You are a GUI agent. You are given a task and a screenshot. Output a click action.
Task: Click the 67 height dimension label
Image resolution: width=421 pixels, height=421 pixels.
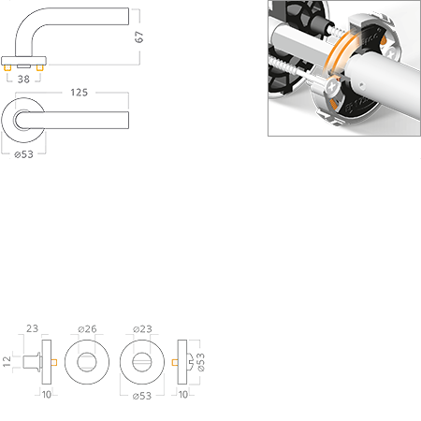139,36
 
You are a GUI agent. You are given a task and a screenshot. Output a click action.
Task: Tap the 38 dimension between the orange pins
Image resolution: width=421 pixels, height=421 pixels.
23,80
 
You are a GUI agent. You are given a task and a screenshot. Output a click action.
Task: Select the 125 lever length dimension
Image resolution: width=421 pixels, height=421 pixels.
80,93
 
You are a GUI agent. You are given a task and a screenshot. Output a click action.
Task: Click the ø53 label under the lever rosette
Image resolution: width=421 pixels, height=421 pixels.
23,154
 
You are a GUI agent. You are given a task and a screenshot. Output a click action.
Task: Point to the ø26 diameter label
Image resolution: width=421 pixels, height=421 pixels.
87,329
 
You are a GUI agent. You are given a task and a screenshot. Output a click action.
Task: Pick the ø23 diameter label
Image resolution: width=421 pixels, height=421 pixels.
142,329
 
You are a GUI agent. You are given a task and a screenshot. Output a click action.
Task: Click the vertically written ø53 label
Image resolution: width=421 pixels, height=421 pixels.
201,362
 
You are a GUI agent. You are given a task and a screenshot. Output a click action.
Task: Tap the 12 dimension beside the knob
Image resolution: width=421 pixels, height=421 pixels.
7,361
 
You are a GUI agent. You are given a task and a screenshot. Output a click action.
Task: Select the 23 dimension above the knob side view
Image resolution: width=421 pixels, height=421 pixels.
32,328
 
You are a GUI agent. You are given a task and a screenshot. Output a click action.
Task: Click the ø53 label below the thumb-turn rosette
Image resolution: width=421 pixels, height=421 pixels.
142,396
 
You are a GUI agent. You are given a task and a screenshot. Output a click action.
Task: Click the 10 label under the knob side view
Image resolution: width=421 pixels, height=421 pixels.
47,395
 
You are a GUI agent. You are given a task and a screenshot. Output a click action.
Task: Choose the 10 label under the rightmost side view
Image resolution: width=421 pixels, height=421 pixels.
183,395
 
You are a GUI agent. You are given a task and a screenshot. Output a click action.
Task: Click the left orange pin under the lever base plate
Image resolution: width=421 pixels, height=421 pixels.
7,67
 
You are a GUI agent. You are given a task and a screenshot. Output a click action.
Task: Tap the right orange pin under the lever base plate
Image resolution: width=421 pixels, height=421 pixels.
39,67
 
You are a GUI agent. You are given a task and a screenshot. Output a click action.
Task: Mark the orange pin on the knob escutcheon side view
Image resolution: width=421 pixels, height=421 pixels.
54,362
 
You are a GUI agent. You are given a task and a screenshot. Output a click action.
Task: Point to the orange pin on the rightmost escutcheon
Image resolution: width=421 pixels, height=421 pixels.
175,362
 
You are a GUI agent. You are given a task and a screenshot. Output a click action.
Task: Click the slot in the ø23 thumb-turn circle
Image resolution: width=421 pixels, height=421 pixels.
142,362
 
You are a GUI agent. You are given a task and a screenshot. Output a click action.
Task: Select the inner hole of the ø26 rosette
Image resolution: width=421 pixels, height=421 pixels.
87,362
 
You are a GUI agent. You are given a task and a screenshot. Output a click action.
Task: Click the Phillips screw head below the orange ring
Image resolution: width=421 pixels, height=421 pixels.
331,87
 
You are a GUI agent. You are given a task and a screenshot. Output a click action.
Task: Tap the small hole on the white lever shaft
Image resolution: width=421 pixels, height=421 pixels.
361,84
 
